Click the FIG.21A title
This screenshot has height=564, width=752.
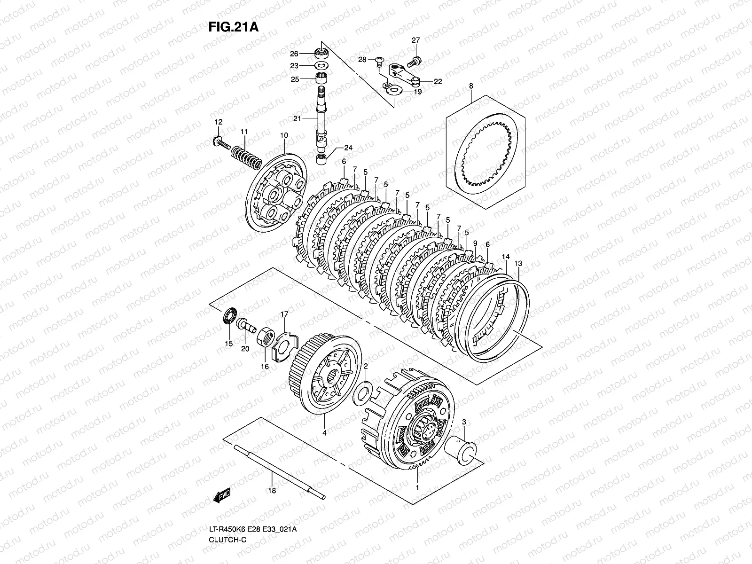pos(234,27)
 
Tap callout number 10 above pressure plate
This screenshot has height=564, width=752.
pos(284,135)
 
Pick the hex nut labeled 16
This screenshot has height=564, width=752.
pos(266,337)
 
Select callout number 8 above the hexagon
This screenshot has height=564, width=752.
pos(471,86)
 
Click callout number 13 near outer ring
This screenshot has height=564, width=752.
pos(518,264)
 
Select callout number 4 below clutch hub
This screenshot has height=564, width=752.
pos(324,432)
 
